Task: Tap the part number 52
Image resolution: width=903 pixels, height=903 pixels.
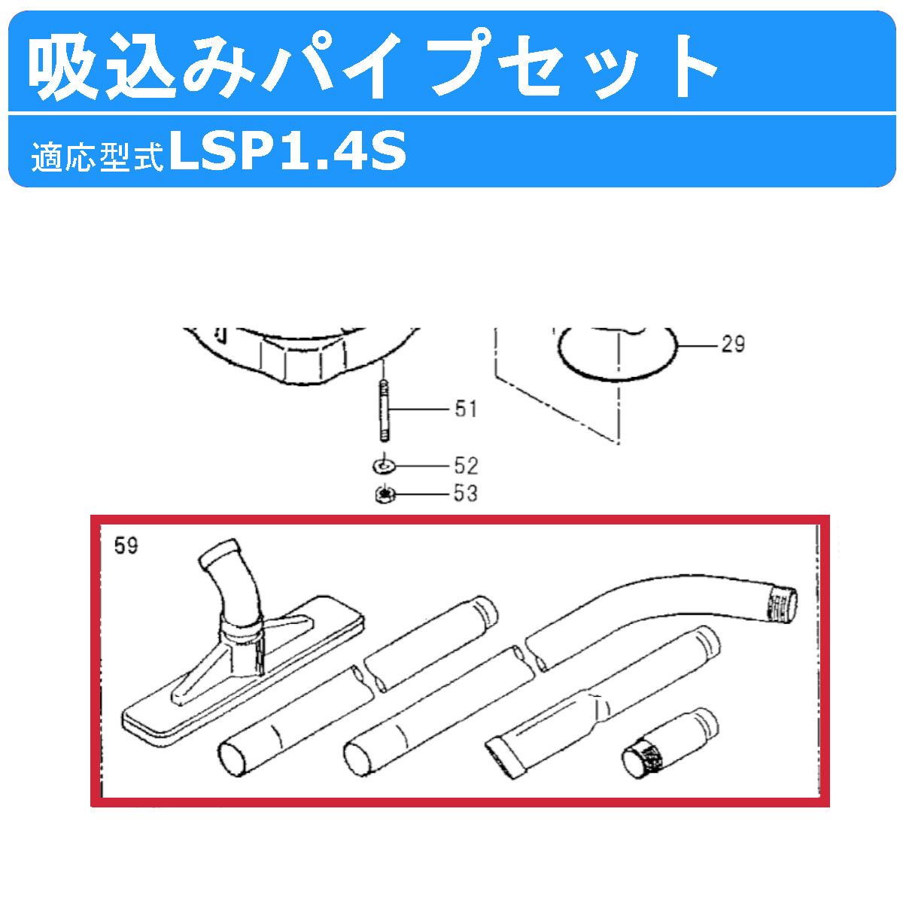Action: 466,466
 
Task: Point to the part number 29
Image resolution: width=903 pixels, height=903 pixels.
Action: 732,345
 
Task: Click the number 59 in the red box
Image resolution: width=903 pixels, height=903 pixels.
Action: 126,545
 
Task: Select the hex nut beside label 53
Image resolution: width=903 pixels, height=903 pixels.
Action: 385,494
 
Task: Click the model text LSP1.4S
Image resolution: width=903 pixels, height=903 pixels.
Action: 288,151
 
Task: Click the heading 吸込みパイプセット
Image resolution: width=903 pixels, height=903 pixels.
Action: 372,65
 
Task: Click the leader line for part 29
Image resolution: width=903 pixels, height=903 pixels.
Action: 696,345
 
